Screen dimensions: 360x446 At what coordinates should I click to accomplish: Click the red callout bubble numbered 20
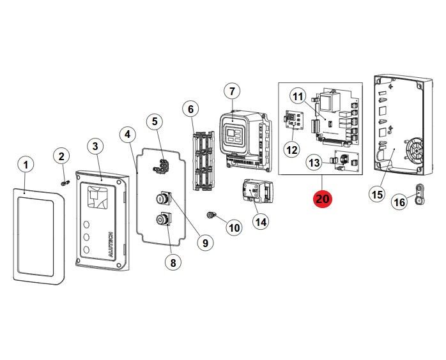pyautogui.click(x=323, y=199)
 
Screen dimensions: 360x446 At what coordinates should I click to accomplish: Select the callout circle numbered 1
pyautogui.click(x=25, y=165)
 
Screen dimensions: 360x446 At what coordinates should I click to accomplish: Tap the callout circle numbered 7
pyautogui.click(x=231, y=91)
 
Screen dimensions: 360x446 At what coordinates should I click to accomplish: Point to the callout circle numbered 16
pyautogui.click(x=399, y=202)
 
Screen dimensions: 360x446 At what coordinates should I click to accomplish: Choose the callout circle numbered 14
pyautogui.click(x=260, y=221)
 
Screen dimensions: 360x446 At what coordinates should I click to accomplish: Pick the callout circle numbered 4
pyautogui.click(x=128, y=134)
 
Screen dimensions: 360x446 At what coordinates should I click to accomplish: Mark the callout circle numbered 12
pyautogui.click(x=291, y=150)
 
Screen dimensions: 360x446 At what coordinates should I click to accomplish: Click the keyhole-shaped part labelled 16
pyautogui.click(x=420, y=192)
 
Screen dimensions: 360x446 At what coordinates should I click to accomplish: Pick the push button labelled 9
pyautogui.click(x=162, y=199)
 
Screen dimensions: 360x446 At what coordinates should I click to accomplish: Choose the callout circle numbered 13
pyautogui.click(x=314, y=163)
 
